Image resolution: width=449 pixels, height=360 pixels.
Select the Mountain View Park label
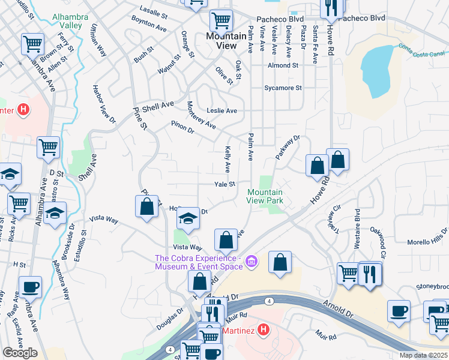[265, 197]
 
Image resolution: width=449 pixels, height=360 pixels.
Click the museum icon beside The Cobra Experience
[251, 260]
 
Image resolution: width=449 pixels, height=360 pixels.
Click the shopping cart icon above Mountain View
[221, 20]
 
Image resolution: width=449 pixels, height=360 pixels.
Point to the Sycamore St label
[283, 88]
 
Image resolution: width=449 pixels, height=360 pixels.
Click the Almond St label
[283, 65]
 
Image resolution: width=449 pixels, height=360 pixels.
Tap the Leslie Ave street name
[221, 111]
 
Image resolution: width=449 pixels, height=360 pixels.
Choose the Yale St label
[225, 185]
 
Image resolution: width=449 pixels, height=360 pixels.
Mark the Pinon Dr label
[183, 128]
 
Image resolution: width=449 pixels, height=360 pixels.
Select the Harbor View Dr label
[104, 106]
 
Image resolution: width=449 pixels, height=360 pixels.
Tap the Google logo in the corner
[20, 353]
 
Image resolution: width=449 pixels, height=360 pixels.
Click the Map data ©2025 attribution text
[423, 355]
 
